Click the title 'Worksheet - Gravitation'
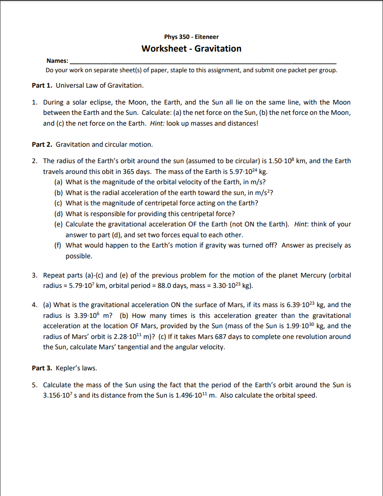click(191, 49)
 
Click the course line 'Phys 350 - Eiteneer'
click(191, 37)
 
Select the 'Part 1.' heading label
click(42, 85)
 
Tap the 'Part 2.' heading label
click(42, 144)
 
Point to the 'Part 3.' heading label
click(42, 368)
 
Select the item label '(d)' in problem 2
click(59, 213)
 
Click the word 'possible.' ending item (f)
click(79, 256)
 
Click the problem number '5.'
click(35, 385)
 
